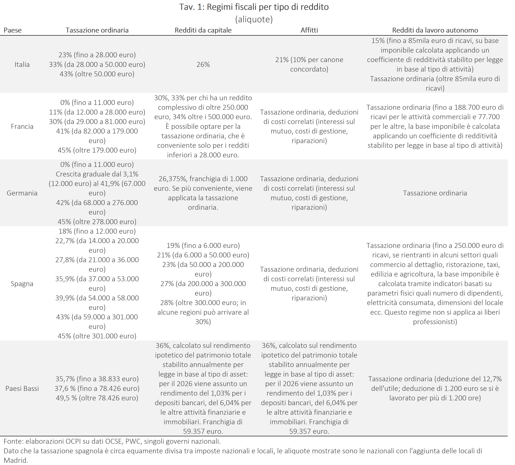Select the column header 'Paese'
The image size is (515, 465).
coord(13,30)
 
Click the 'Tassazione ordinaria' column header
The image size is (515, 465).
coord(97,30)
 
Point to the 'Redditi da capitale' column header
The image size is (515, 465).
coord(203,30)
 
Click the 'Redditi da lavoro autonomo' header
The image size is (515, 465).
coord(435,30)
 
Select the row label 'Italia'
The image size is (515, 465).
coord(22,64)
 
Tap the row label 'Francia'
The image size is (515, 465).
coord(22,126)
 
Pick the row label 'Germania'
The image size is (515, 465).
coord(22,193)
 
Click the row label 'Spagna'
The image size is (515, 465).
coord(22,284)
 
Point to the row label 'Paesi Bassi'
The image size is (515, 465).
coord(22,388)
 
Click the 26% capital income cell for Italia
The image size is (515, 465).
coord(203,64)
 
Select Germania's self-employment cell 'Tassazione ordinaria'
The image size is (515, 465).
coord(435,193)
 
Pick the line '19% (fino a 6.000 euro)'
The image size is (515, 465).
coord(203,246)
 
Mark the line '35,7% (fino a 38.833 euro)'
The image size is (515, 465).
coord(97,379)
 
